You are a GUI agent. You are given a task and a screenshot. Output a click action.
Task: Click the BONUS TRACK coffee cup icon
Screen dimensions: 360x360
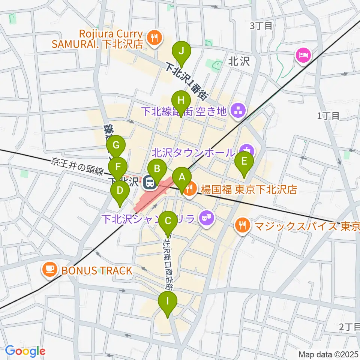49,270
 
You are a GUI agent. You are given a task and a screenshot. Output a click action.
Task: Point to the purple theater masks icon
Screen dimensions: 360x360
205,217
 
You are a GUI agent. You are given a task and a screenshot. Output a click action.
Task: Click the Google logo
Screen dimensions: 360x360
25,351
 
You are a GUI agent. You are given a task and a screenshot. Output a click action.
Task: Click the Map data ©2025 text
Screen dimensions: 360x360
328,354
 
